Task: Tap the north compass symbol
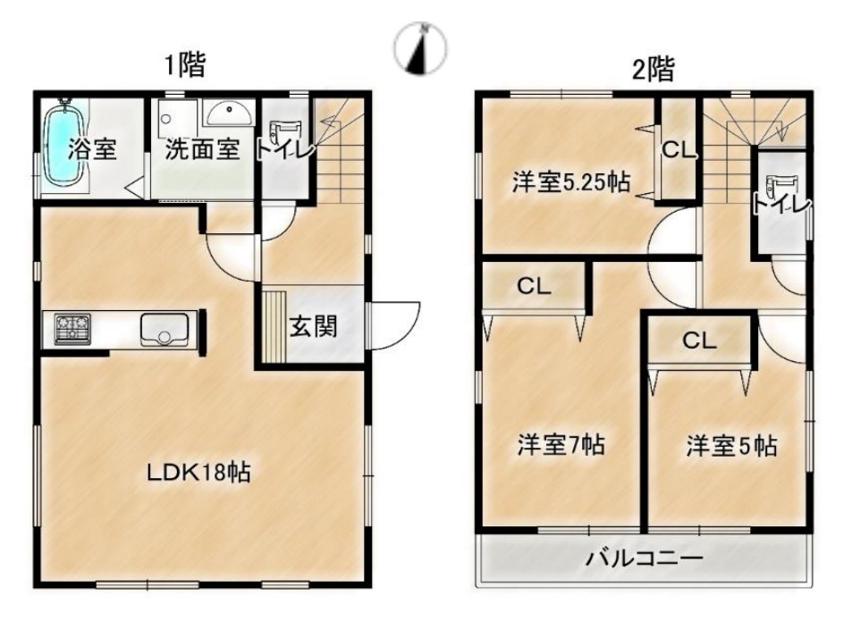coord(420,47)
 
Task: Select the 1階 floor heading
coord(185,66)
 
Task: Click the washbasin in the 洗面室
coord(228,113)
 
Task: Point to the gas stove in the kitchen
coord(72,329)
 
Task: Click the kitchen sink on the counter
coord(164,329)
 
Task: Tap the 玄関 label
coord(313,326)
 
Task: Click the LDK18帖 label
coord(198,472)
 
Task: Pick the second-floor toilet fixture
coord(780,191)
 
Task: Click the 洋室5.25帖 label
coord(570,182)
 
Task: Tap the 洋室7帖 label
coord(561,444)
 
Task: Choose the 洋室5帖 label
coord(730,445)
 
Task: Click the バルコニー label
coord(644,559)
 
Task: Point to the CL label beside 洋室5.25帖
coord(678,150)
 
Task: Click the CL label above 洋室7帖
coord(534,286)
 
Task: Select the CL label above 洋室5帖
coord(699,340)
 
